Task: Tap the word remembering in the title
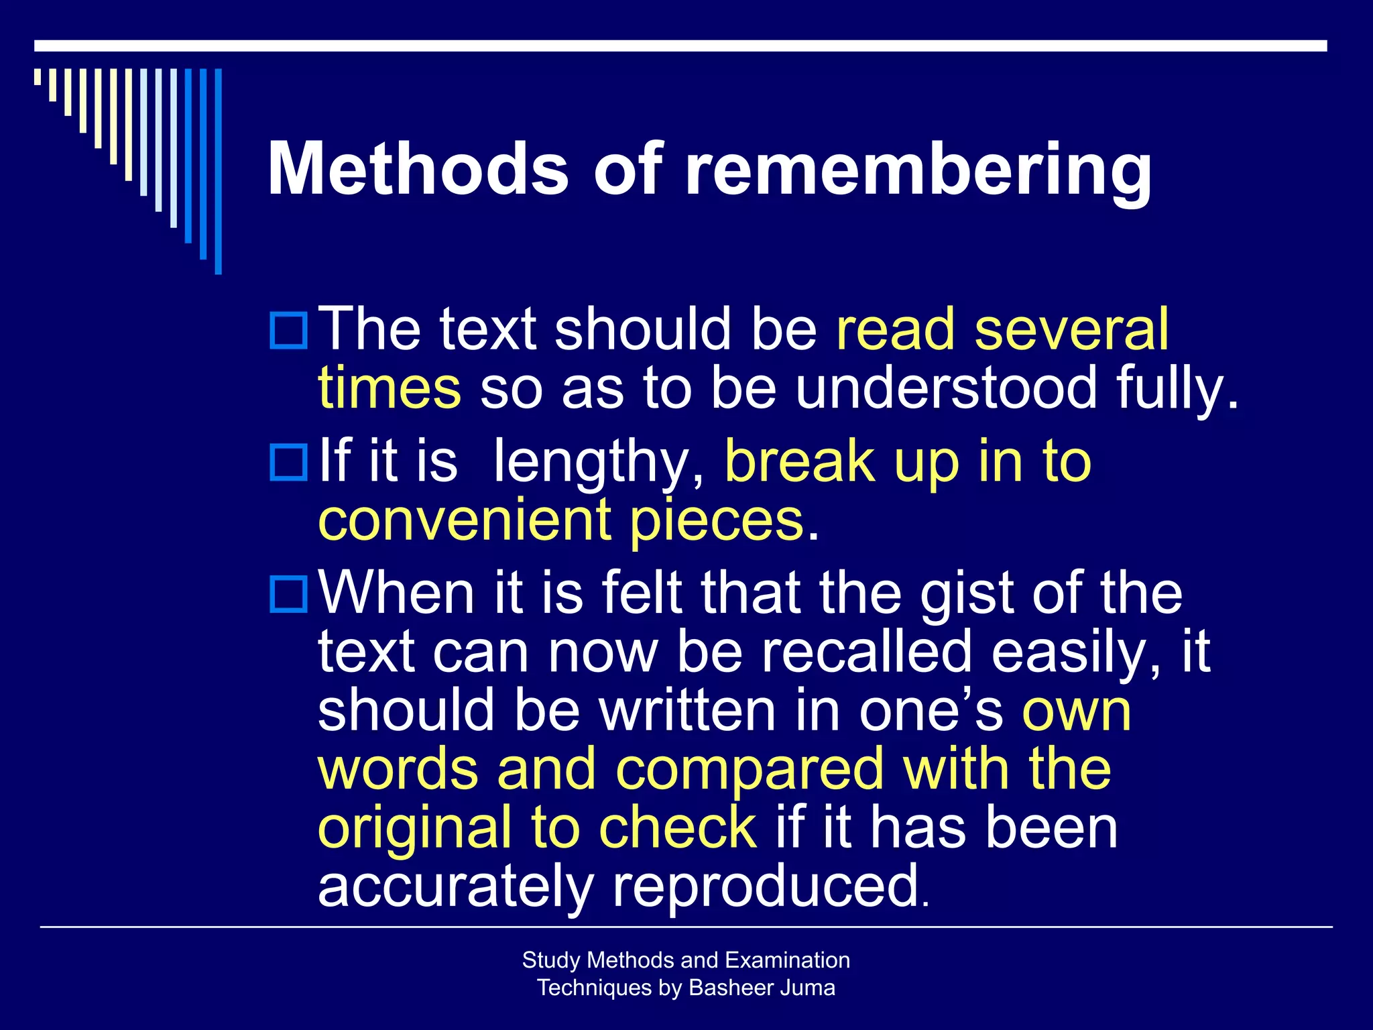[x=918, y=171]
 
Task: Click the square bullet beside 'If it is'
[x=288, y=462]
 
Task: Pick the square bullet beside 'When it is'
[x=288, y=593]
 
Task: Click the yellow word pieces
[x=716, y=522]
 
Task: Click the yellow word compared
[x=750, y=769]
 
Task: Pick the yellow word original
[x=415, y=829]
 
